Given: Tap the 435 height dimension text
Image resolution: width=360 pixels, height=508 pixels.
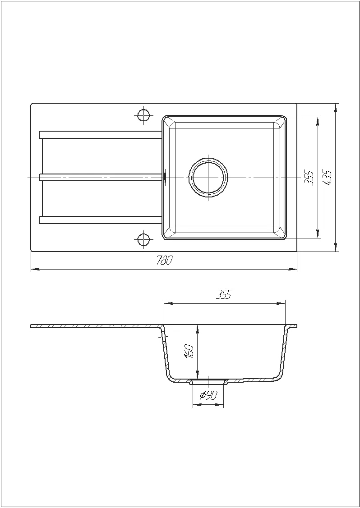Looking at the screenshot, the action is click(x=328, y=178).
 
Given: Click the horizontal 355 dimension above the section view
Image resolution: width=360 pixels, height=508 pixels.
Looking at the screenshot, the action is click(x=224, y=295).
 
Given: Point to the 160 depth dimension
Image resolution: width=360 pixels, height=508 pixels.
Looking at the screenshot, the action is click(x=190, y=351).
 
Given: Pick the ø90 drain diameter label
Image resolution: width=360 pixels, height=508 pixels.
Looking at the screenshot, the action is click(x=208, y=395).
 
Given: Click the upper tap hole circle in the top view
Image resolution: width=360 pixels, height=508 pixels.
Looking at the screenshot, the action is click(x=143, y=115).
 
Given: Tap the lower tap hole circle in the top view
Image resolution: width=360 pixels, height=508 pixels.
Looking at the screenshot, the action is click(x=143, y=240).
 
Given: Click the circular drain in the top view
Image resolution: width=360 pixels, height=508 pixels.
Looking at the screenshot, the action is click(x=208, y=178).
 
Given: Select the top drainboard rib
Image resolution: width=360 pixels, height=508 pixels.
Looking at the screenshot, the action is click(x=101, y=135).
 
